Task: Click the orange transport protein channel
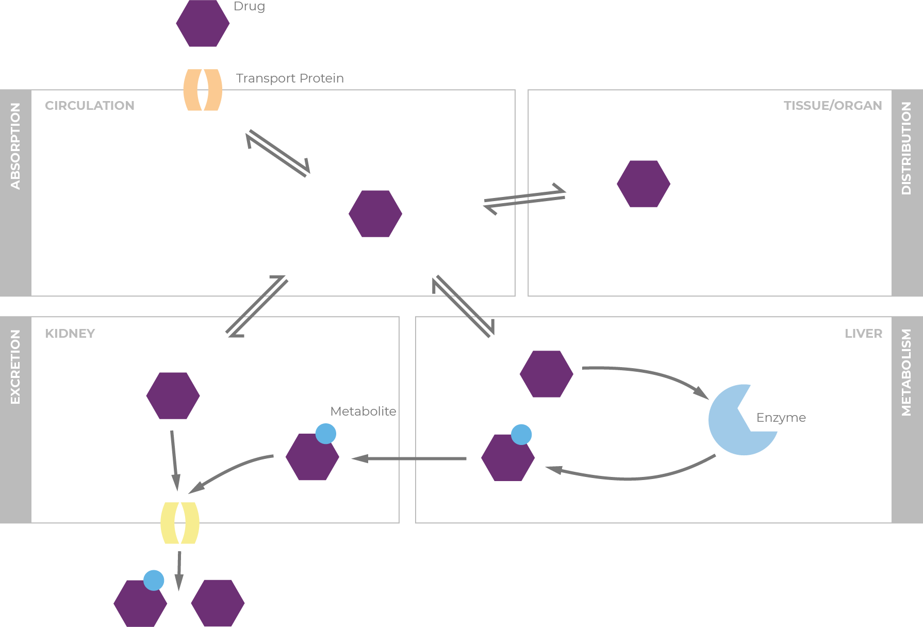[x=203, y=90]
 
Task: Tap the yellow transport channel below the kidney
[x=179, y=523]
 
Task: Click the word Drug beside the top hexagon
[x=249, y=6]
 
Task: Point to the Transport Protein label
[x=290, y=78]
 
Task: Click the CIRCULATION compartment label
[x=90, y=106]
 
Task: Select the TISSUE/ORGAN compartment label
[x=832, y=106]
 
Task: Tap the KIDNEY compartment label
[x=70, y=334]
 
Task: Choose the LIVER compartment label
[x=863, y=334]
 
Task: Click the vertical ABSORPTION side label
[x=15, y=146]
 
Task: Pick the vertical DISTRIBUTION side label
[x=906, y=148]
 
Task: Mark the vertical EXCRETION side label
[x=15, y=367]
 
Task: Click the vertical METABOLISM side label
[x=906, y=372]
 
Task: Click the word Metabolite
[x=363, y=411]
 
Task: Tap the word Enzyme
[x=781, y=418]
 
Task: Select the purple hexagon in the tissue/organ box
[x=644, y=184]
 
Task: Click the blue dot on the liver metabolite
[x=521, y=435]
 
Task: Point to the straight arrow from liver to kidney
[x=410, y=458]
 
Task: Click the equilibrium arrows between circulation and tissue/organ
[x=524, y=199]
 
